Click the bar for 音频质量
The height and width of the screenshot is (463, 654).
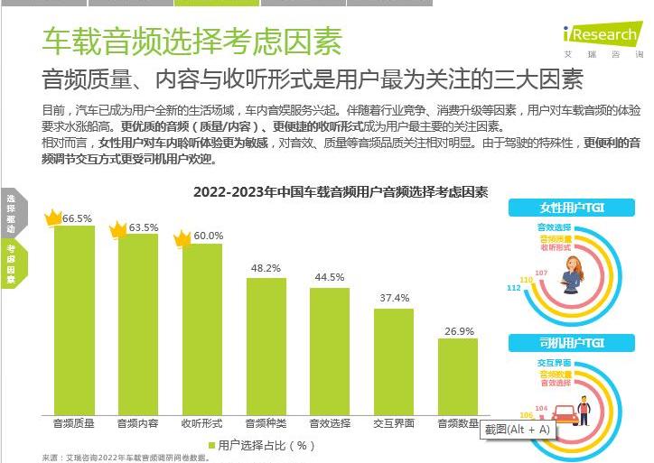pyautogui.click(x=74, y=320)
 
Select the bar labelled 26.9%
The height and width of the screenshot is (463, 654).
pyautogui.click(x=458, y=376)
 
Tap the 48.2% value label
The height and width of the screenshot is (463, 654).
pyautogui.click(x=266, y=268)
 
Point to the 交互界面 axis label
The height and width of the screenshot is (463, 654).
pyautogui.click(x=394, y=422)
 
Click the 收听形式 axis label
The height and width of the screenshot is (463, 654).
pyautogui.click(x=201, y=422)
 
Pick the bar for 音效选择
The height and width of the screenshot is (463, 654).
pyautogui.click(x=330, y=352)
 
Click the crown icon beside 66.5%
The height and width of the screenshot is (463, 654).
pyautogui.click(x=53, y=217)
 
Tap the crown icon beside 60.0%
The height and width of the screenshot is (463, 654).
pyautogui.click(x=182, y=238)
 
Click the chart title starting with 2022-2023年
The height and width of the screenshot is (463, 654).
pyautogui.click(x=341, y=192)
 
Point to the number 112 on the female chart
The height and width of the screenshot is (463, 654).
pyautogui.click(x=513, y=288)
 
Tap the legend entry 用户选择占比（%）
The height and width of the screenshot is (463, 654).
pyautogui.click(x=262, y=445)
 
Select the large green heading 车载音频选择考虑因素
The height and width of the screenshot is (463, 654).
pyautogui.click(x=192, y=41)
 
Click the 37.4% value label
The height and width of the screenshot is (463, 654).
pyautogui.click(x=394, y=298)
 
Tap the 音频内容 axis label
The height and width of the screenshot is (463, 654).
pyautogui.click(x=137, y=422)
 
